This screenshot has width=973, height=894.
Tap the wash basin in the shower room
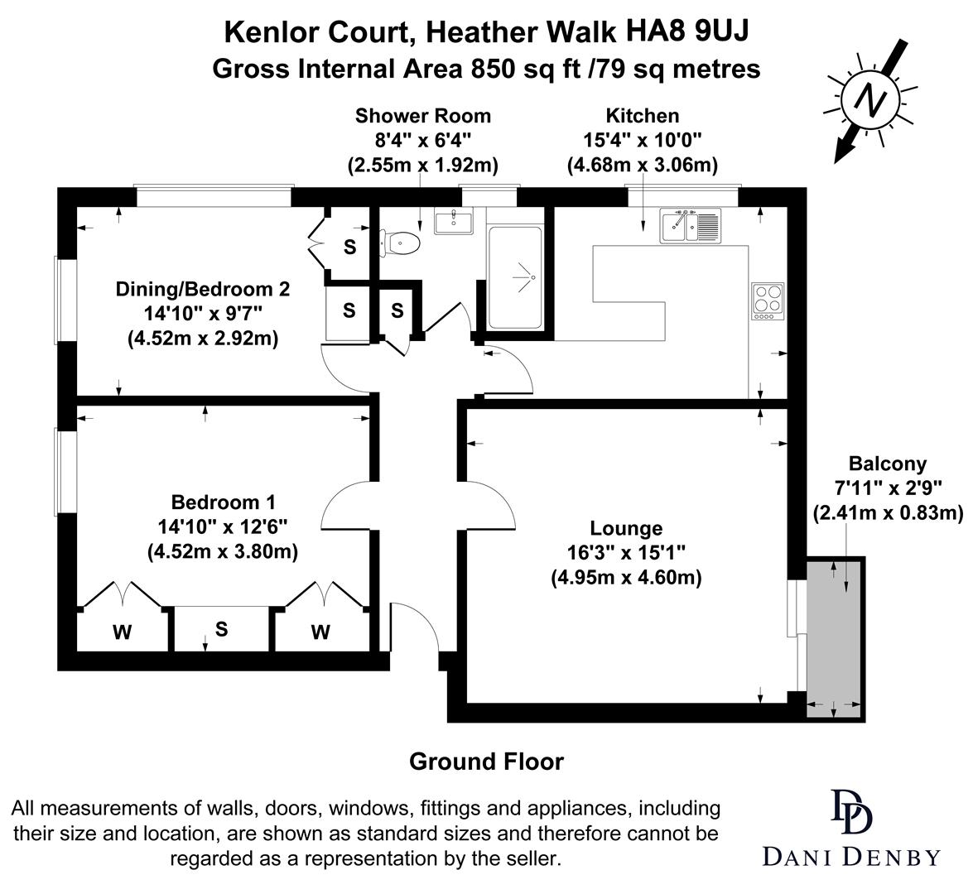pyautogui.click(x=452, y=222)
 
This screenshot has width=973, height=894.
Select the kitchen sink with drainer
pyautogui.click(x=691, y=225)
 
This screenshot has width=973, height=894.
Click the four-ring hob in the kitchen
pyautogui.click(x=768, y=301)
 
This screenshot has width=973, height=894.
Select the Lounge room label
pyautogui.click(x=626, y=528)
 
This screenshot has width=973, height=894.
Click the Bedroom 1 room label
pyautogui.click(x=222, y=502)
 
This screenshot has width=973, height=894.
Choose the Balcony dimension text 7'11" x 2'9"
pyautogui.click(x=888, y=488)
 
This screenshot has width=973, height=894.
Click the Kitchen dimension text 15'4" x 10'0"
pyautogui.click(x=642, y=140)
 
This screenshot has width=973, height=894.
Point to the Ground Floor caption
pyautogui.click(x=486, y=762)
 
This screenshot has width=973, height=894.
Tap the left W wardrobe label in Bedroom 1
pyautogui.click(x=122, y=633)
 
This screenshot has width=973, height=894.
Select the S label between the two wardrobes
pyautogui.click(x=221, y=629)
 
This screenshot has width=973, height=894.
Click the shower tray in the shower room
pyautogui.click(x=516, y=277)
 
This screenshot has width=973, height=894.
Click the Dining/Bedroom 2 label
pyautogui.click(x=203, y=289)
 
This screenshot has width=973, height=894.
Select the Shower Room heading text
pyautogui.click(x=422, y=116)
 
